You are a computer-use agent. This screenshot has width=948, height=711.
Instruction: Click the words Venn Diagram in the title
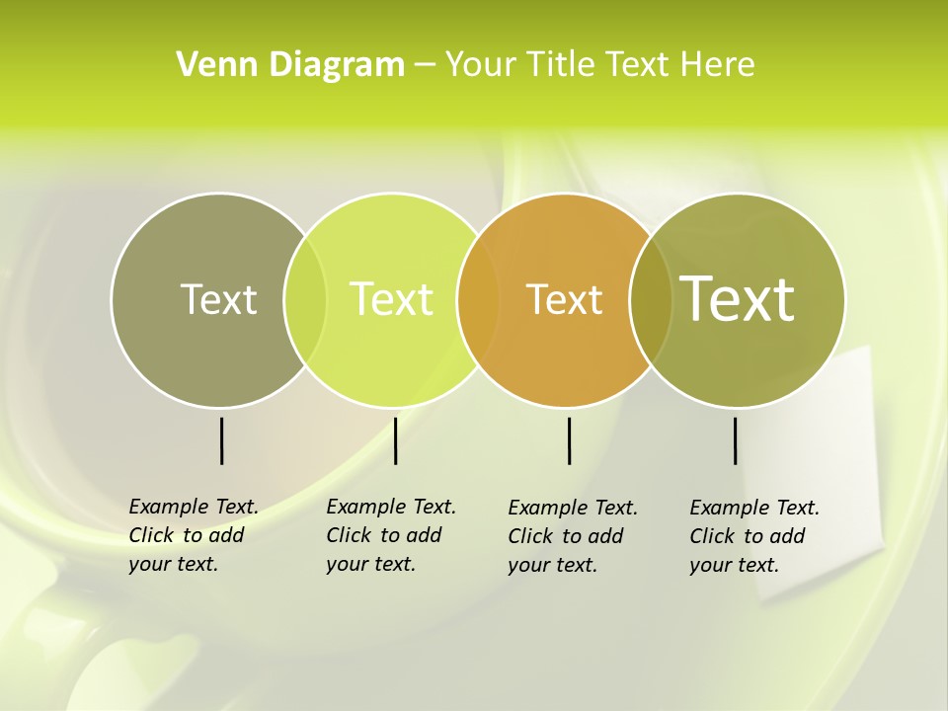click(x=290, y=65)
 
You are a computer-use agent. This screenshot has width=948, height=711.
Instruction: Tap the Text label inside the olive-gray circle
click(x=218, y=299)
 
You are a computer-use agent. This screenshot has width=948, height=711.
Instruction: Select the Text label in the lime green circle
click(x=391, y=299)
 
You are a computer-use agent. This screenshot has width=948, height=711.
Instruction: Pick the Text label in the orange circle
click(x=564, y=299)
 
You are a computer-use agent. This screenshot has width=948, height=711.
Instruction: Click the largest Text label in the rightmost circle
click(x=737, y=299)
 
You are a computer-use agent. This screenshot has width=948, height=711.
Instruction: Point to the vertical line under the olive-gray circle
click(x=221, y=440)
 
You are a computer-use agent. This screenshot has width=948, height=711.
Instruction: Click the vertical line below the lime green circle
click(x=395, y=440)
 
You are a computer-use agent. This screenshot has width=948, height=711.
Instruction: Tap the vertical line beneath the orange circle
click(x=569, y=440)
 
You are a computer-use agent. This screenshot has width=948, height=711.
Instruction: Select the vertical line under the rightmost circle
click(x=735, y=440)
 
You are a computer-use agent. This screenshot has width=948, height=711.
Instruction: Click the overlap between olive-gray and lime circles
click(x=305, y=300)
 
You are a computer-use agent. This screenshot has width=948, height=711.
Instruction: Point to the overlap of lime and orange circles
click(x=478, y=300)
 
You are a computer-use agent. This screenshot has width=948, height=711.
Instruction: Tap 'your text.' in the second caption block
click(x=370, y=564)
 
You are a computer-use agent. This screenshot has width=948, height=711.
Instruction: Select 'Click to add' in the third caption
click(x=566, y=536)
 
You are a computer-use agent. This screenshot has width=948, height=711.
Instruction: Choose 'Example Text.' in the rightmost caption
click(x=754, y=508)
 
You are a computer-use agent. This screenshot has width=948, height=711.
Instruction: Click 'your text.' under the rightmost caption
click(x=734, y=565)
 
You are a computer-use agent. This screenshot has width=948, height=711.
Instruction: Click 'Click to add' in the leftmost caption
click(x=187, y=535)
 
